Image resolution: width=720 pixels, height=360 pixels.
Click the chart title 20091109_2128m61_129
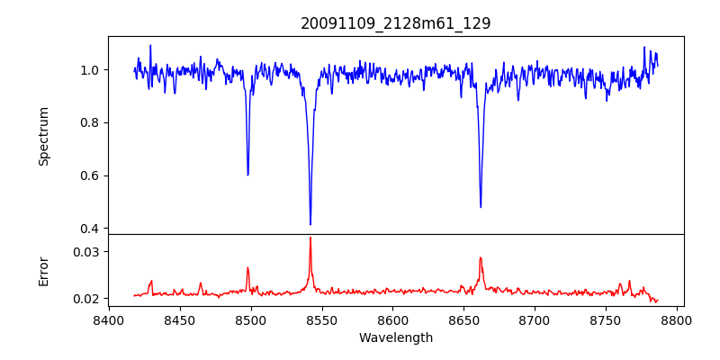pos(395,23)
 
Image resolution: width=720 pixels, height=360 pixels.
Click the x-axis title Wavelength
pos(395,337)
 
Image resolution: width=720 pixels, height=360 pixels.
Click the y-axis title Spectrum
pos(43,136)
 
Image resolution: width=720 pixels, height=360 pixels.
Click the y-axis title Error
pos(43,270)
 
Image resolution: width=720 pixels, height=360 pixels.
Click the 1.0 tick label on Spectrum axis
pos(91,70)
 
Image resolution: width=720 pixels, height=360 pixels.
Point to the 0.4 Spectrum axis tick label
pos(91,229)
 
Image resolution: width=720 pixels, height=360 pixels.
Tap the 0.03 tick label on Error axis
pos(87,252)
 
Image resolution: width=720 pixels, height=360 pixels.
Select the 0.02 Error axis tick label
pos(87,299)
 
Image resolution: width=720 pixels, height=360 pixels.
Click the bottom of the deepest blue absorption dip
pos(310,224)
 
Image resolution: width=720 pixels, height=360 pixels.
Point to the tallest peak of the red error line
pos(310,238)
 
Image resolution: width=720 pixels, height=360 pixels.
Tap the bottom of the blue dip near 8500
pos(247,175)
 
